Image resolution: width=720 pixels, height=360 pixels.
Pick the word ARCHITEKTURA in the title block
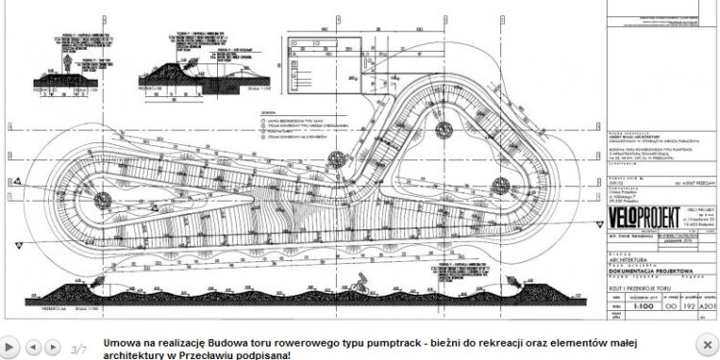630,257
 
